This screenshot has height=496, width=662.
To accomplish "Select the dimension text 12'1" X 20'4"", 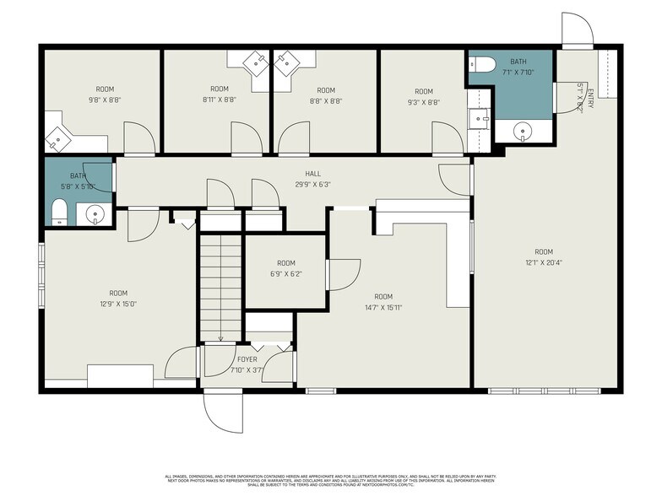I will tap(543, 261).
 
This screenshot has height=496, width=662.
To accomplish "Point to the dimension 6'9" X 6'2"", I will tap(286, 273).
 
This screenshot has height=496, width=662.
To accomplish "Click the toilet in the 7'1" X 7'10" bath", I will tap(482, 63).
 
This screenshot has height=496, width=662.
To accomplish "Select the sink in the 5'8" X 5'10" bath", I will tap(96, 214).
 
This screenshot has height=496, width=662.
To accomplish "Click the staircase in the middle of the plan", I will tap(220, 287).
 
